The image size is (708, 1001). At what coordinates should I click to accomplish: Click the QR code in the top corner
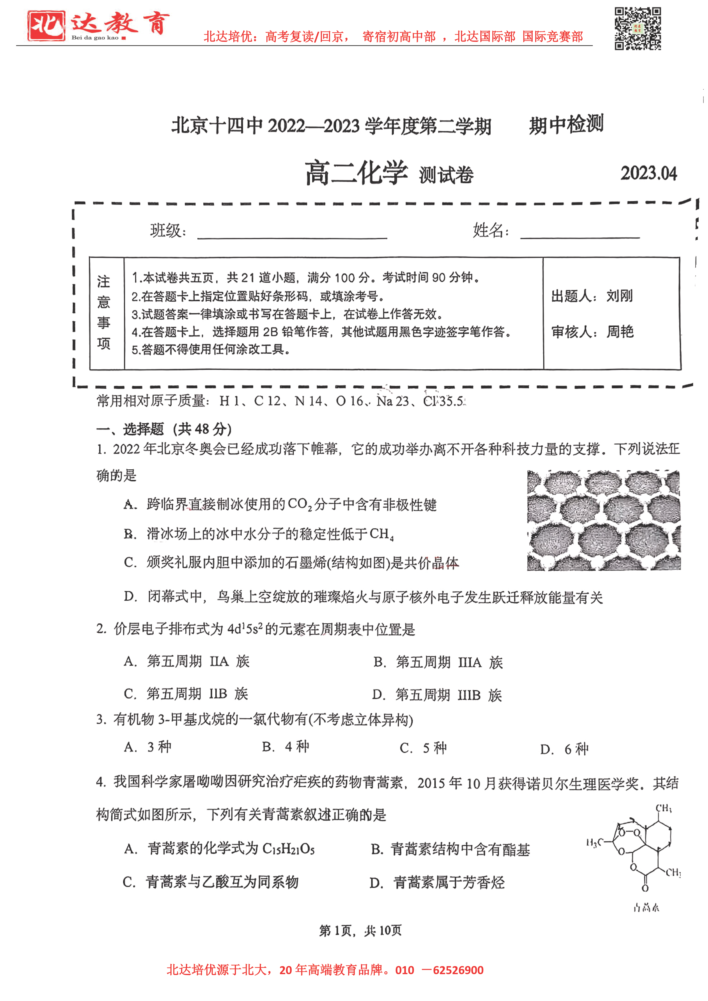(637, 29)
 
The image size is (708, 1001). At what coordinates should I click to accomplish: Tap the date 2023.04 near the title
(648, 173)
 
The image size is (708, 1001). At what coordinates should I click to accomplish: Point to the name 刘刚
(619, 296)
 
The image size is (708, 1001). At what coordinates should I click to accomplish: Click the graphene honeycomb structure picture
(603, 520)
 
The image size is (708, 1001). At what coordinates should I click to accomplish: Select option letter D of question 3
(547, 749)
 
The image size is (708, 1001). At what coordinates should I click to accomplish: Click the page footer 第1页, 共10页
(360, 931)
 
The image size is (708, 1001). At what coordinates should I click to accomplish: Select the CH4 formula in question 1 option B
(382, 534)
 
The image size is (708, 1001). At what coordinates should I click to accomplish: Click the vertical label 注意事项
(104, 313)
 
